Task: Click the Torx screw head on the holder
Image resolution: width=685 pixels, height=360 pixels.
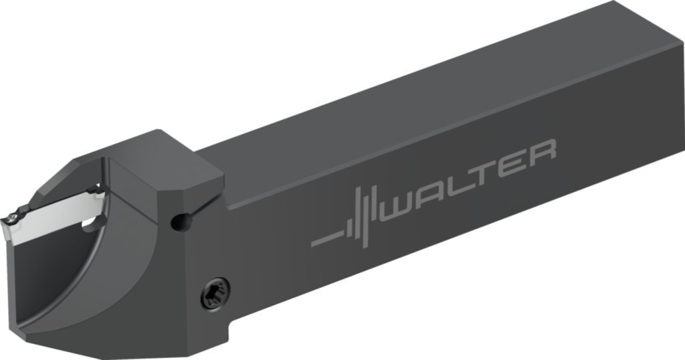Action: coord(215,292)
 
